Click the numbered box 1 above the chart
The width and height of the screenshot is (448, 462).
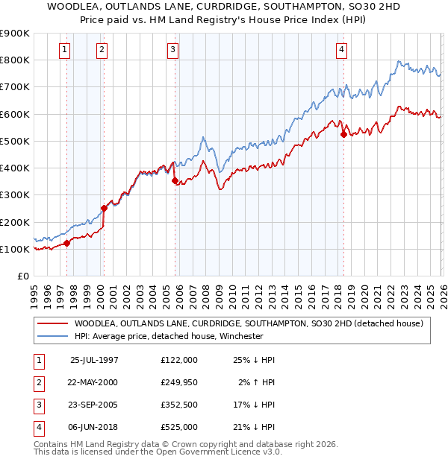(65, 50)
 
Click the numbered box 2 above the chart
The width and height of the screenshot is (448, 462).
(102, 50)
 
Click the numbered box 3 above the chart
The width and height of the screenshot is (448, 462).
(172, 50)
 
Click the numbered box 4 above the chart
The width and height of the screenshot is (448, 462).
(341, 50)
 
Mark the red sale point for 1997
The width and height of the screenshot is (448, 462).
(67, 243)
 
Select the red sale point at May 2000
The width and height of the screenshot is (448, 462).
(104, 209)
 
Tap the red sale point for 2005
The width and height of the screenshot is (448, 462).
(175, 180)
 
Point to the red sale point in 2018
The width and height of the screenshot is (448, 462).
(343, 134)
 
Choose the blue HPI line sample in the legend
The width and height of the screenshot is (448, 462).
(52, 336)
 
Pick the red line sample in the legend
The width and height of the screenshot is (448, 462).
(52, 323)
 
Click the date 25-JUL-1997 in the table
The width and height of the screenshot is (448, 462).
(94, 360)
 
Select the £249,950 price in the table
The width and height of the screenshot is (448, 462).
(178, 382)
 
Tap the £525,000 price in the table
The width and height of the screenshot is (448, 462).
(178, 427)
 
